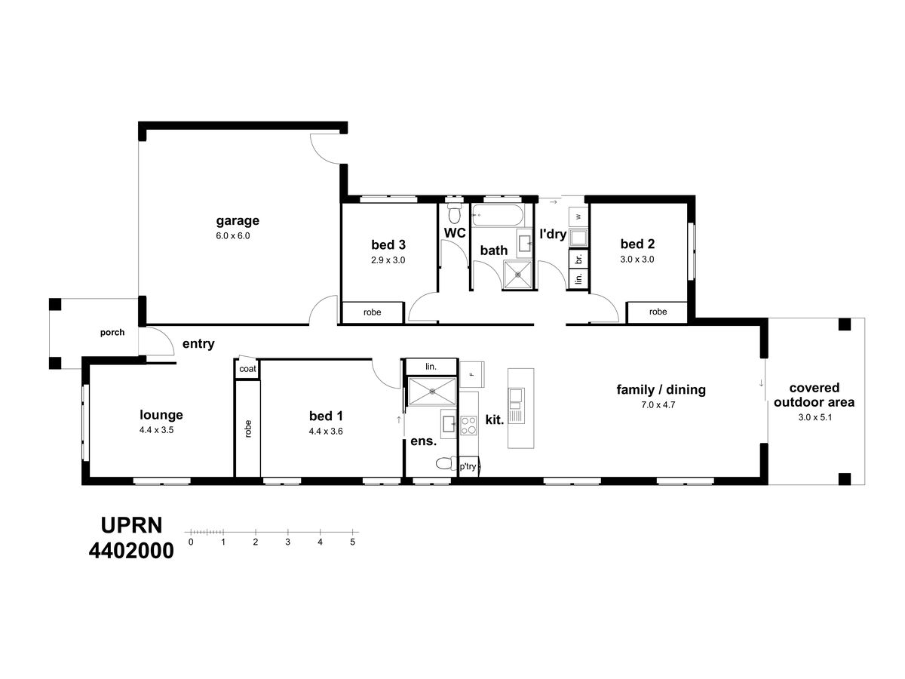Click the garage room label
point(238,221)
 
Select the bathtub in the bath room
point(497,215)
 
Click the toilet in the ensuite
point(446,464)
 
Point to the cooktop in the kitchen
point(468,426)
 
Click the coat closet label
point(247,369)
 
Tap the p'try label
point(468,467)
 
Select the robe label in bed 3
point(372,312)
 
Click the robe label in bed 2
point(658,312)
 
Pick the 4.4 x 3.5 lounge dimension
point(156,430)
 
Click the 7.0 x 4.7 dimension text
point(658,405)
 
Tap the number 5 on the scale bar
point(352,542)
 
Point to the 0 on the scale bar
point(191,542)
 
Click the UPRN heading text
point(131,525)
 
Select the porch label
point(112,332)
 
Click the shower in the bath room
point(518,274)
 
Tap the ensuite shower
point(431,392)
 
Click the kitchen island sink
point(517,395)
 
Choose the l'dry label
point(553,234)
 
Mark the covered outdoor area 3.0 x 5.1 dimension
point(814,417)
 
